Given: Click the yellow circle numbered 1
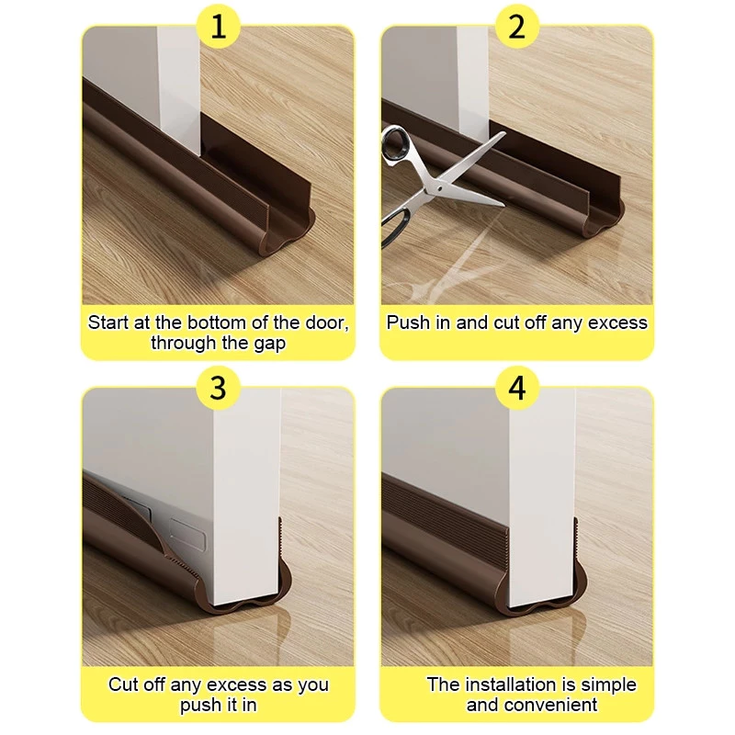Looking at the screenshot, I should click(218, 27).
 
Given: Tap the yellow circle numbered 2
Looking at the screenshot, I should click(517, 27).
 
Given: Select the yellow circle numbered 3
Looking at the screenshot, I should click(218, 388).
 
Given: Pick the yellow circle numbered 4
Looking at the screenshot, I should click(517, 388).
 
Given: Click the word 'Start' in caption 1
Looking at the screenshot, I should click(107, 322).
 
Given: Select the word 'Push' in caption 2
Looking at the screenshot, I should click(407, 322).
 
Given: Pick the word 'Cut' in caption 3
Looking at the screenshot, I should click(124, 684).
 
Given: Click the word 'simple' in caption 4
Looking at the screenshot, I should click(608, 684).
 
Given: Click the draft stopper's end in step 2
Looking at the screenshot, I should click(597, 220).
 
